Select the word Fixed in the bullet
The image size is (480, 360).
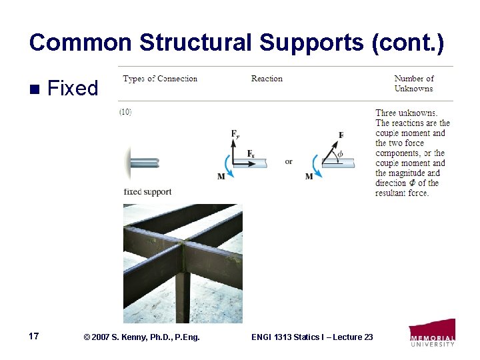pos(73,88)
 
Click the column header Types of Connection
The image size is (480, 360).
pos(161,79)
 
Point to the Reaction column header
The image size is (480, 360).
pos(267,79)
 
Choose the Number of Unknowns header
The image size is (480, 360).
pos(413,83)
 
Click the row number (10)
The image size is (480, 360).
pos(125,112)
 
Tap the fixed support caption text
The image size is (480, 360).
pos(147,192)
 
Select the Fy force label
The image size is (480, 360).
pos(235,134)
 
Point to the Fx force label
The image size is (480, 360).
pos(251,153)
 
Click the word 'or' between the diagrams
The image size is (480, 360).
pos(289,161)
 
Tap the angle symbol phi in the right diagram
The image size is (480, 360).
pos(341,153)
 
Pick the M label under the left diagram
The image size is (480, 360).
pos(221,177)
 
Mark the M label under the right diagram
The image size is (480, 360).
pos(309,177)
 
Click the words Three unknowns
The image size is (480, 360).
pos(407,113)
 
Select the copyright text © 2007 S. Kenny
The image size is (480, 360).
pos(141,337)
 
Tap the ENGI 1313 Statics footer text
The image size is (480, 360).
pos(312,337)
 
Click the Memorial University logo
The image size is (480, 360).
pos(432,333)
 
